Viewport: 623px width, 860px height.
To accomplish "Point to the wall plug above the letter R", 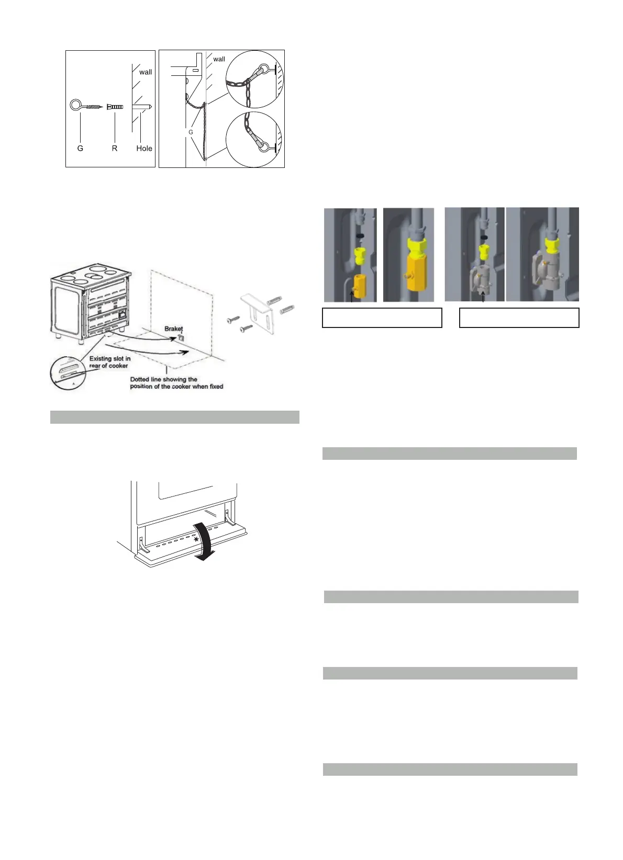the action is pyautogui.click(x=115, y=107).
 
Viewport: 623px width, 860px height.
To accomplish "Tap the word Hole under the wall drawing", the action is pyautogui.click(x=144, y=149).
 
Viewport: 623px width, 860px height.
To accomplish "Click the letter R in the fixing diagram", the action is pyautogui.click(x=115, y=149).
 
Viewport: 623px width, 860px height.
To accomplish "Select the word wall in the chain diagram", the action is pyautogui.click(x=219, y=59).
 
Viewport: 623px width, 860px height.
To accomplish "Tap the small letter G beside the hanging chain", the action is pyautogui.click(x=191, y=132).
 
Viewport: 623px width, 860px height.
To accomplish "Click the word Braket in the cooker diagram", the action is pyautogui.click(x=174, y=329).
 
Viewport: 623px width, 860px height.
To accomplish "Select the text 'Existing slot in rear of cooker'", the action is pyautogui.click(x=110, y=362).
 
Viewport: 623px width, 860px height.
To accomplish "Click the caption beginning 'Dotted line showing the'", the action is pyautogui.click(x=176, y=383).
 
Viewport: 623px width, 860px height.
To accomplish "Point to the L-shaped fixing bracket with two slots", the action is pyautogui.click(x=257, y=314).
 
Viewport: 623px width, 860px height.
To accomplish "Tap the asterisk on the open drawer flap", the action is pyautogui.click(x=196, y=539).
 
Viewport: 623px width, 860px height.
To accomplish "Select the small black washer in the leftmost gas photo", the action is pyautogui.click(x=360, y=235).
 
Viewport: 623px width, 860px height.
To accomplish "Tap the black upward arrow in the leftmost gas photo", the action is pyautogui.click(x=351, y=297).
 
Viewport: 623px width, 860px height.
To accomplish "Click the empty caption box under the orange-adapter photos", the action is pyautogui.click(x=382, y=318).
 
